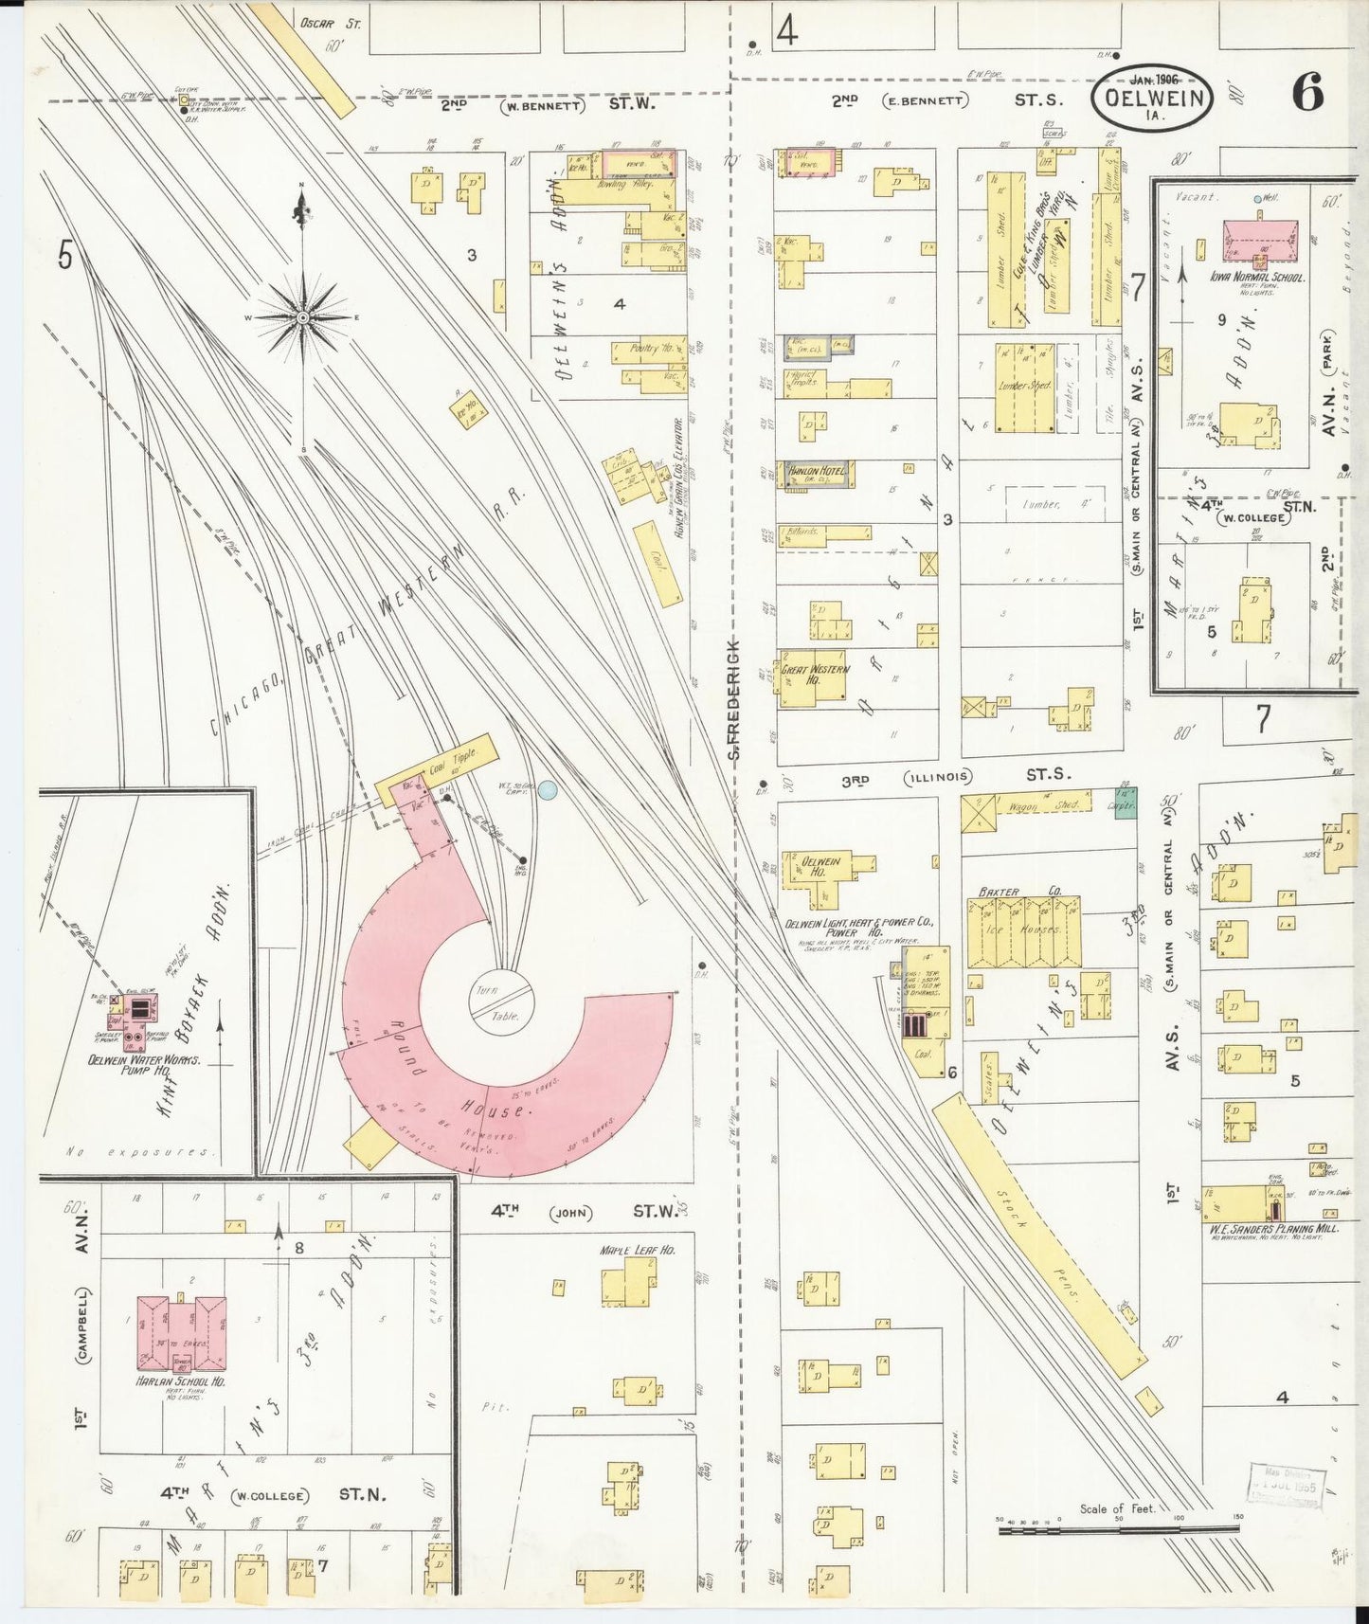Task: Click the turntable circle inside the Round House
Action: pos(501,1003)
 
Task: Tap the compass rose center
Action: pos(302,316)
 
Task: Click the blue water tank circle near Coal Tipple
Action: pos(547,790)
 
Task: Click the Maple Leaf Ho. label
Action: pos(637,1251)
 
